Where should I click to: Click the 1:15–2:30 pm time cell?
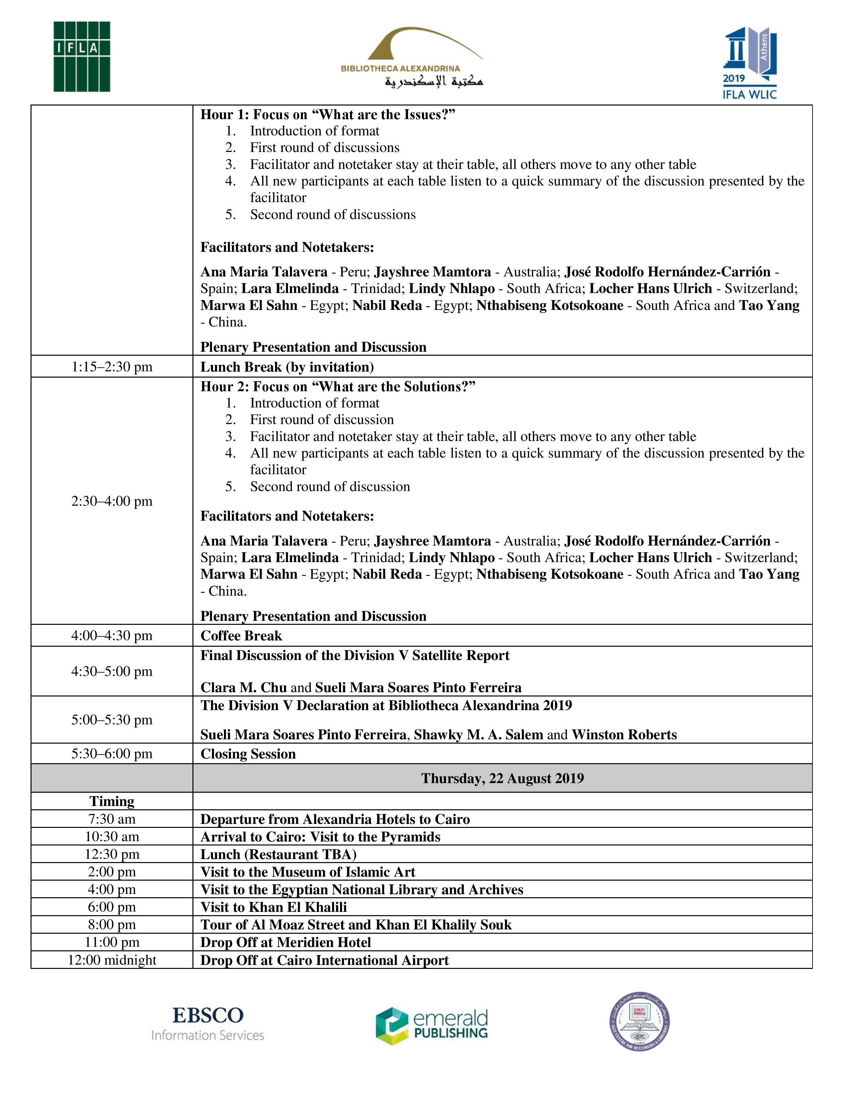coord(112,367)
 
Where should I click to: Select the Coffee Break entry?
coord(241,636)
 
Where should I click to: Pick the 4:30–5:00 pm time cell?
coord(112,671)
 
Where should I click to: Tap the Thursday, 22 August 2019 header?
coord(502,778)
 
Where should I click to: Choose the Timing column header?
coord(112,801)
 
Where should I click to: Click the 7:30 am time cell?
coord(112,819)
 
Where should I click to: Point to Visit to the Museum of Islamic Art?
coord(308,872)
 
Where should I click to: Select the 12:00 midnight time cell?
coord(112,960)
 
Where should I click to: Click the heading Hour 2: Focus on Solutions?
coord(338,387)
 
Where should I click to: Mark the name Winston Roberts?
coord(624,735)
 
